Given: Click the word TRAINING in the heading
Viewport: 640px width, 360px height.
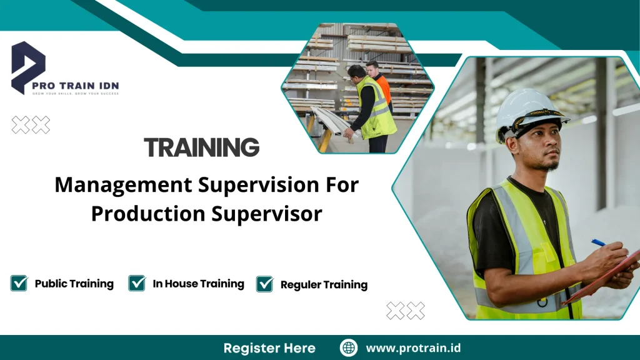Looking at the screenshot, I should [x=201, y=147].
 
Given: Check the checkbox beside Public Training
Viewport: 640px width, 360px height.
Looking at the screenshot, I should [x=19, y=283].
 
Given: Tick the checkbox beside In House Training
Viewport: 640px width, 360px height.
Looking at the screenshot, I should [x=137, y=283].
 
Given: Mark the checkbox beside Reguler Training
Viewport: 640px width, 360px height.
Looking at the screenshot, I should [x=265, y=284].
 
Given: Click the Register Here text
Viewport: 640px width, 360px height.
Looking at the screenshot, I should [x=269, y=348].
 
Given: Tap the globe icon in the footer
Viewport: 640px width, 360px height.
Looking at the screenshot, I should [x=349, y=348].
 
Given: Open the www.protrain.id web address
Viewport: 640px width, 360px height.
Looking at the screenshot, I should [x=413, y=348].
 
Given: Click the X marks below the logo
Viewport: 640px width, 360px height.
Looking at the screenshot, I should [x=31, y=125].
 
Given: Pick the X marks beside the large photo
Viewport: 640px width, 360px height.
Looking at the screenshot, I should [x=405, y=310].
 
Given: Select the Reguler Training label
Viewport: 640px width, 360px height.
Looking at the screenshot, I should [x=324, y=284].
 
